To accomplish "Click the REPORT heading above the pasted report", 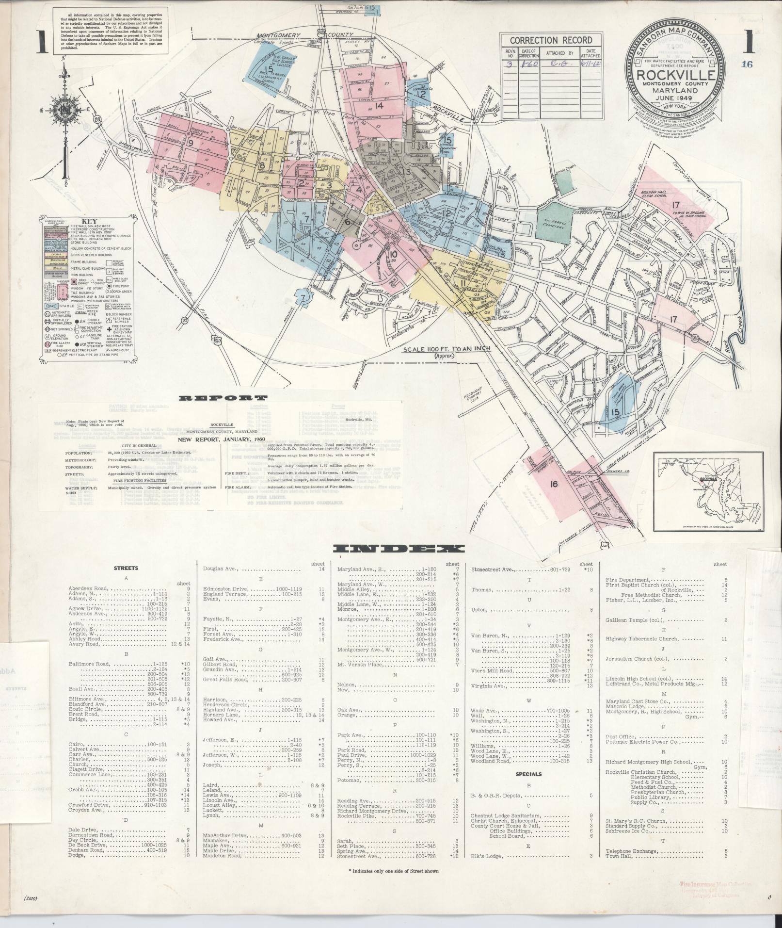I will [223, 398].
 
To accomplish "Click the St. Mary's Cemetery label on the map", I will [553, 223].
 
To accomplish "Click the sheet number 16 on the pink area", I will [554, 484].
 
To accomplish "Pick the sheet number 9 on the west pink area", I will [190, 143].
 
